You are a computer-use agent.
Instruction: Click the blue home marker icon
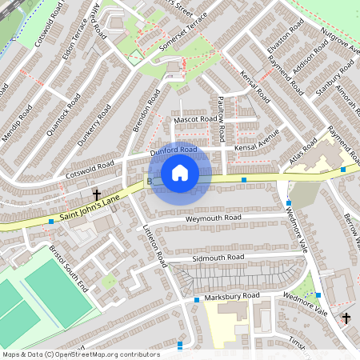coord(180,173)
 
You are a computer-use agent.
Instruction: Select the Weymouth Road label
coord(213,218)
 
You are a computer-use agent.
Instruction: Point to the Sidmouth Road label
coord(218,258)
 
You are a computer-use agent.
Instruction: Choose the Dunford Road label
coord(173,150)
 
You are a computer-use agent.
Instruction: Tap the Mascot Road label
coord(195,120)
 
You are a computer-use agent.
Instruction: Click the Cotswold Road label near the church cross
coord(91,170)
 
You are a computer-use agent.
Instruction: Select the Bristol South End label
coord(68,265)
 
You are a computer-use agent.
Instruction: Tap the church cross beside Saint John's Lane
coord(96,194)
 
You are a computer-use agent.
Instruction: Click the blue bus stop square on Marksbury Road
coord(197,299)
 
